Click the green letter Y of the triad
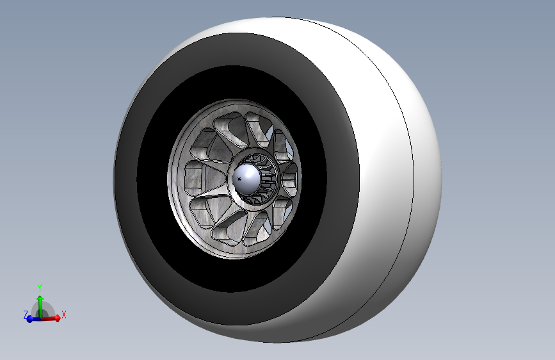pyautogui.click(x=40, y=288)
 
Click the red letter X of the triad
pyautogui.click(x=64, y=315)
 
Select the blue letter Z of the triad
pyautogui.click(x=26, y=315)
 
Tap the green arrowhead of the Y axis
pyautogui.click(x=40, y=298)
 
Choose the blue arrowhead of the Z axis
pyautogui.click(x=30, y=319)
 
